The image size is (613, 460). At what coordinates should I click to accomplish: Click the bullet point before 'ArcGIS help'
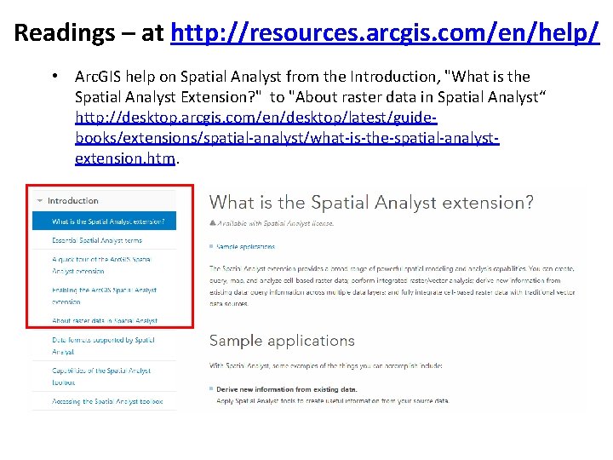[x=54, y=77]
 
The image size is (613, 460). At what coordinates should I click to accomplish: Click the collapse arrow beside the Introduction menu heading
[x=39, y=201]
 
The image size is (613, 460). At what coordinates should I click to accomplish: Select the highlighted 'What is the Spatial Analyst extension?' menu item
[x=107, y=221]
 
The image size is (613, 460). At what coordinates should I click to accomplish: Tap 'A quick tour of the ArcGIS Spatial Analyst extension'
[x=101, y=265]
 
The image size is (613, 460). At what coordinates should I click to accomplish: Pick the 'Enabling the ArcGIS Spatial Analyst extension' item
[x=104, y=296]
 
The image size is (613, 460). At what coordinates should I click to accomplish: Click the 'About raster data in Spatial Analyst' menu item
[x=104, y=321]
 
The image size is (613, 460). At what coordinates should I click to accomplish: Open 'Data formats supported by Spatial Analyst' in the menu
[x=102, y=345]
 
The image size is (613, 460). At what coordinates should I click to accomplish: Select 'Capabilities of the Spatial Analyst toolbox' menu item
[x=101, y=377]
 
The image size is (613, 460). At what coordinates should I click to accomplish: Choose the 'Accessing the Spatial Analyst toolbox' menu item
[x=106, y=401]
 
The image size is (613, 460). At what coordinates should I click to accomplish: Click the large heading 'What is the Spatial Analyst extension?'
[x=371, y=203]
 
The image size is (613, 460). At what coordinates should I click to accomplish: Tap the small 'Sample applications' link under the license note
[x=245, y=247]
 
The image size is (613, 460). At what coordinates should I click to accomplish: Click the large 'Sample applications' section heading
[x=282, y=341]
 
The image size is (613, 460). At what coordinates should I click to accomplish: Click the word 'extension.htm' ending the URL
[x=125, y=158]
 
